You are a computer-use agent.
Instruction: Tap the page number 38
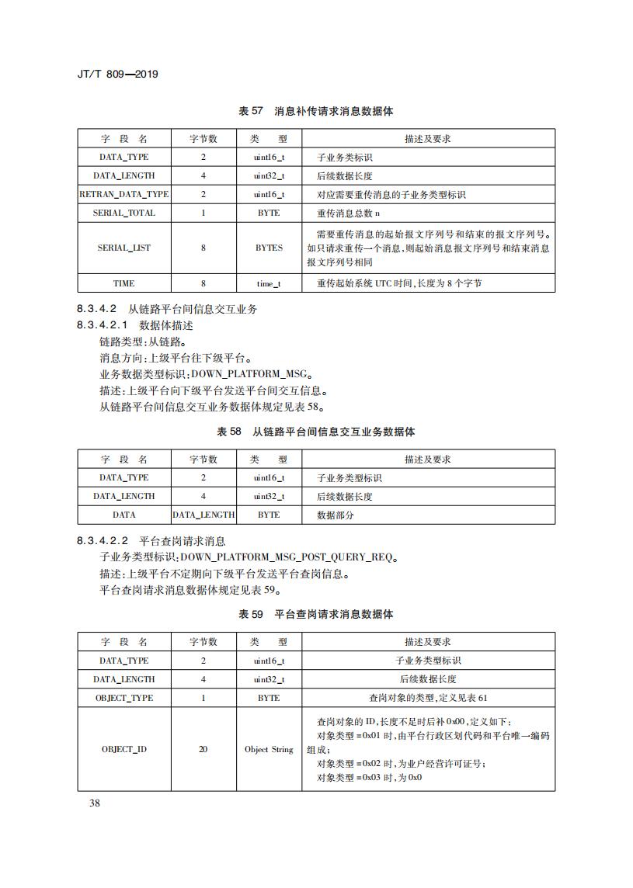94,803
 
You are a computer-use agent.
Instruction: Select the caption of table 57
315,111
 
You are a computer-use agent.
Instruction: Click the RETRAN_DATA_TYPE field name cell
123,194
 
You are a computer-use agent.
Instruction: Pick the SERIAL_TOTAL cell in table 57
123,213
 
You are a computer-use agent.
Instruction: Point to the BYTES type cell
269,248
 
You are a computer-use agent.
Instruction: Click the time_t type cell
269,283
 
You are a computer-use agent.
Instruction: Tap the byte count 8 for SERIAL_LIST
203,248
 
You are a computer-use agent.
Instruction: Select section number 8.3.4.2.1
105,325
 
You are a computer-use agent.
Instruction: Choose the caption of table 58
315,432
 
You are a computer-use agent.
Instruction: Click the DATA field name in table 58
123,515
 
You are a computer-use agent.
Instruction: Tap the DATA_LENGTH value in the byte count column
203,515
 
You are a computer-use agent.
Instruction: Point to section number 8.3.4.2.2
105,541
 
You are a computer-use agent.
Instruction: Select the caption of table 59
315,614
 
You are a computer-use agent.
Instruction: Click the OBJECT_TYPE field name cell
123,698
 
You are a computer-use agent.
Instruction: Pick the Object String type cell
269,750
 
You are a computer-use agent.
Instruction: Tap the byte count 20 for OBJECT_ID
203,750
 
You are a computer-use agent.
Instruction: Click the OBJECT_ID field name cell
123,750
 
